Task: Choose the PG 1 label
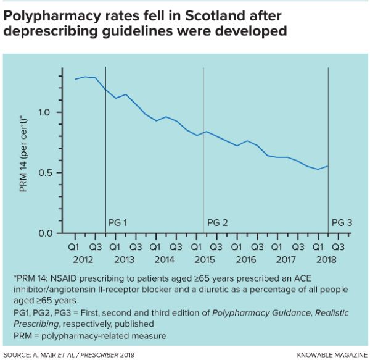point(117,222)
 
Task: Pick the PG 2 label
point(218,222)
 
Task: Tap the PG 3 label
point(342,222)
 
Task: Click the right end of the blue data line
point(327,166)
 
